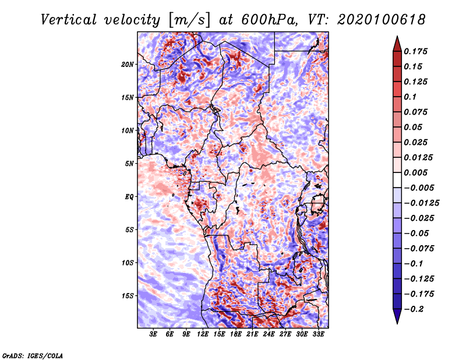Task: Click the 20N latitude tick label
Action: (x=128, y=65)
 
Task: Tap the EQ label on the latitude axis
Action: (x=129, y=197)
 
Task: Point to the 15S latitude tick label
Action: (x=128, y=296)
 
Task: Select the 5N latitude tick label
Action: (x=129, y=164)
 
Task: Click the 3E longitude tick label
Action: (x=153, y=334)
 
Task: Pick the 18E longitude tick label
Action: (x=236, y=334)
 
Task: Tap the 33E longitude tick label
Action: (x=318, y=334)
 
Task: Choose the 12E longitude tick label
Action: (x=203, y=334)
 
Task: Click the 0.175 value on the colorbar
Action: (x=415, y=51)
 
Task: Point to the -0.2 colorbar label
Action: (x=414, y=309)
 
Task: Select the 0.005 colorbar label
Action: (x=415, y=172)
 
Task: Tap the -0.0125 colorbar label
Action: (x=421, y=203)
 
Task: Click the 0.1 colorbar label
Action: (x=410, y=97)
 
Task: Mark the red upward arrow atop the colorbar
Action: (x=397, y=44)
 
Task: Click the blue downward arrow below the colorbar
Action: (x=397, y=316)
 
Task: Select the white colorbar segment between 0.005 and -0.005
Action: (x=397, y=180)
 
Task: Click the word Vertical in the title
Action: (x=69, y=20)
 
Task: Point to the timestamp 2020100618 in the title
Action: (x=382, y=20)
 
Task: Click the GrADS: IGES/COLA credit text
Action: (x=33, y=355)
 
